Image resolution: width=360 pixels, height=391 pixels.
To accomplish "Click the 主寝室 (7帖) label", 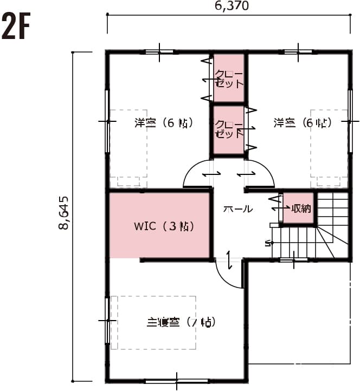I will [182, 322].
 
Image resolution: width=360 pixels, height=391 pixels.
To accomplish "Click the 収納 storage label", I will [301, 208].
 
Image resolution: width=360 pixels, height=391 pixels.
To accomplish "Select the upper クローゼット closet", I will [229, 78].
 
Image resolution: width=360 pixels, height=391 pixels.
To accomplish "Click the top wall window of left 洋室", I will [159, 52].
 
